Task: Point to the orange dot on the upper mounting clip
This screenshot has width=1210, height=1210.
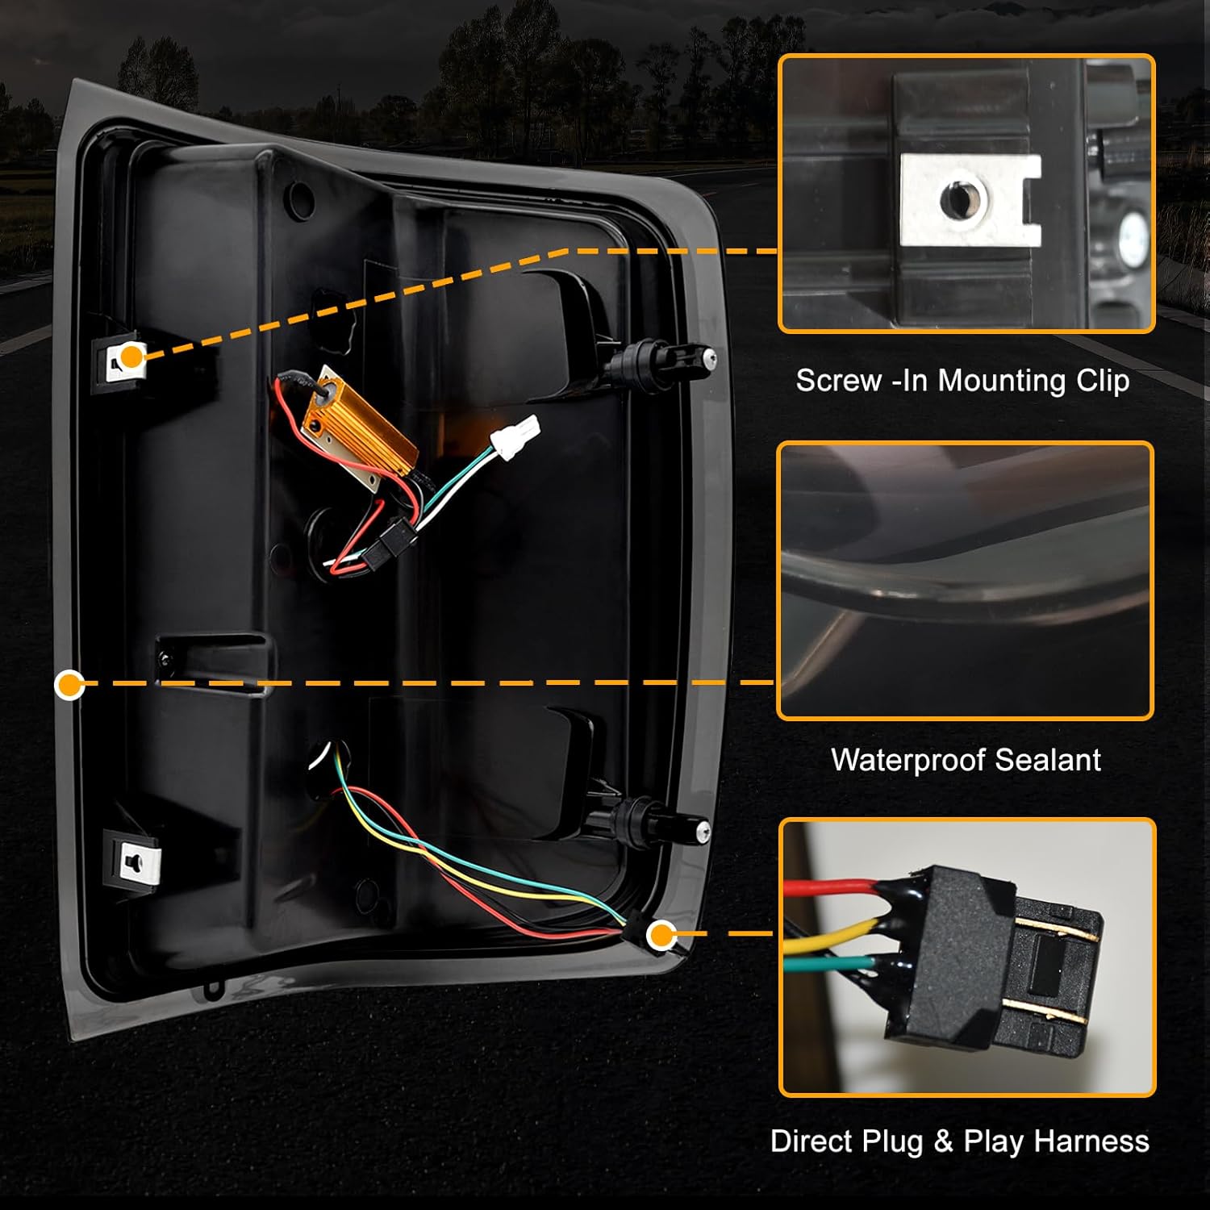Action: coord(131,355)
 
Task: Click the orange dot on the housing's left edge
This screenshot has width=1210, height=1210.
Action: coord(70,686)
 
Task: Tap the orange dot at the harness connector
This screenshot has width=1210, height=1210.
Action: coord(662,936)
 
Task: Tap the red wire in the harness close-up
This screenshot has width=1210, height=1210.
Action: coord(831,887)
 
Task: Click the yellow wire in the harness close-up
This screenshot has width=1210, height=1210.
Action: coord(831,932)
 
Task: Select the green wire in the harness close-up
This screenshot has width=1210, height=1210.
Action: coord(831,963)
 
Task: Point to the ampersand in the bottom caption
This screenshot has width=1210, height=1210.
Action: coord(943,1141)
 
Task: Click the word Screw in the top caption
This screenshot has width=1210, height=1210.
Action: coord(838,380)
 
